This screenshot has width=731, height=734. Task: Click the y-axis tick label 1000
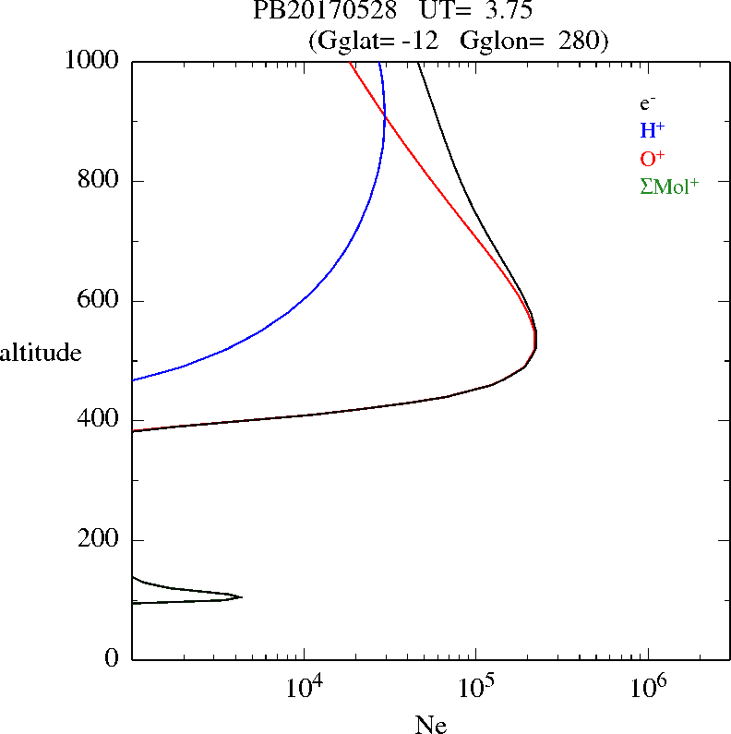pos(93,61)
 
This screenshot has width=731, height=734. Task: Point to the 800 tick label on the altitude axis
pos(100,181)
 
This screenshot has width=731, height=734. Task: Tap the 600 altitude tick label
pos(100,301)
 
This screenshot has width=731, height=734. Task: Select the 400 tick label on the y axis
pos(100,420)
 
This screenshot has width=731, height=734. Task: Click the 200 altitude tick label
pos(100,540)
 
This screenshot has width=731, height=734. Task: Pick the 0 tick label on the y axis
pos(114,659)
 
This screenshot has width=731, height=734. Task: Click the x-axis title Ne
pos(431,725)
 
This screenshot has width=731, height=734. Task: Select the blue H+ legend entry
pos(652,130)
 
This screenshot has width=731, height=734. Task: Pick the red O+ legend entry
pos(652,158)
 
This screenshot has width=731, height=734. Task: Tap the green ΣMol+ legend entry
pos(669,186)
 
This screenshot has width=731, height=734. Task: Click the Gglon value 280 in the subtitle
pos(579,41)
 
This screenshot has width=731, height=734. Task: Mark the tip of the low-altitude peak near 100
pos(242,596)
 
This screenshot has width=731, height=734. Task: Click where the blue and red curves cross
pos(384,114)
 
